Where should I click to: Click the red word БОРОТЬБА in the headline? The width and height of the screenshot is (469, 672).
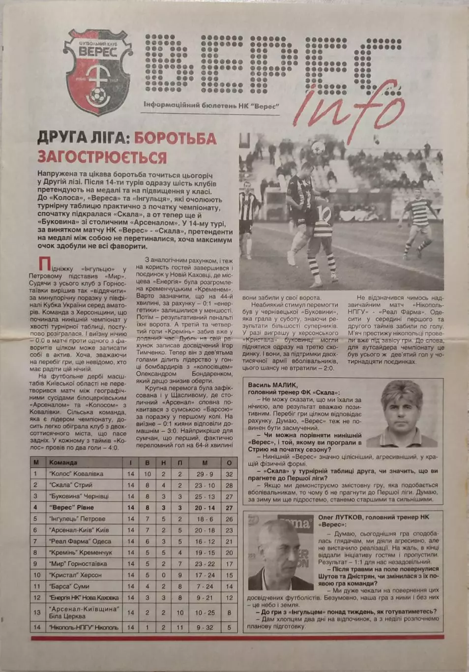click(x=175, y=138)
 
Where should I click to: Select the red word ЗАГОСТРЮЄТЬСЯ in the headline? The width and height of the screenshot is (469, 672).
click(x=102, y=157)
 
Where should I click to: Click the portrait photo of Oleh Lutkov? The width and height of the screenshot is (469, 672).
click(x=281, y=552)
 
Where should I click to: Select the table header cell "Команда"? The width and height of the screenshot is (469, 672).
click(x=63, y=462)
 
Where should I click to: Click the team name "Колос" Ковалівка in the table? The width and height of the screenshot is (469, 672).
click(x=76, y=474)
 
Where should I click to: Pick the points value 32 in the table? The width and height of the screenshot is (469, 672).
click(x=229, y=474)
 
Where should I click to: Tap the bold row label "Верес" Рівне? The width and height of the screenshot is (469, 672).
click(x=71, y=507)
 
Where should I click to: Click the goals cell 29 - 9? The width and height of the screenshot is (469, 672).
click(x=205, y=474)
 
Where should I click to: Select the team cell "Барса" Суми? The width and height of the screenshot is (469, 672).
click(x=69, y=586)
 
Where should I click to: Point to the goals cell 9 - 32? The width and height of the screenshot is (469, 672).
click(x=205, y=627)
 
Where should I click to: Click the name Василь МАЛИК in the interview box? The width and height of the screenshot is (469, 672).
click(x=273, y=385)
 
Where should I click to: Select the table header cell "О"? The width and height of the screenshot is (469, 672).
click(x=229, y=462)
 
